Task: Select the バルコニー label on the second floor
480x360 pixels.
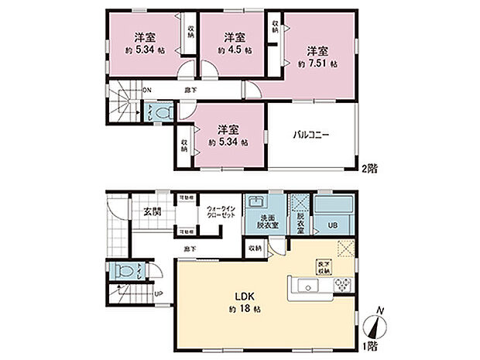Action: pos(311,134)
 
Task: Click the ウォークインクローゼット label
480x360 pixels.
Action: pos(221,214)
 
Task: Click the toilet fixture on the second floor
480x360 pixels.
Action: pos(160,112)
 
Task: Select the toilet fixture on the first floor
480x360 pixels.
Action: pos(117,273)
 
